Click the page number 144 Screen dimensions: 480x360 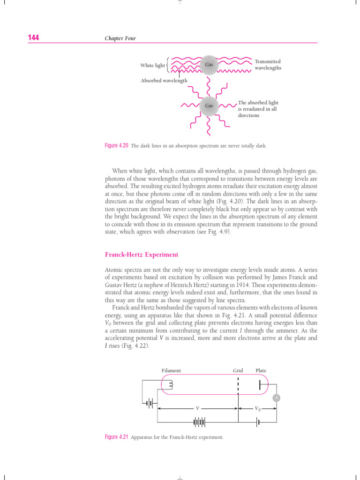coord(33,38)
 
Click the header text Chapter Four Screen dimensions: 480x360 coord(120,38)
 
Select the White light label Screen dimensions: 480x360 coord(152,66)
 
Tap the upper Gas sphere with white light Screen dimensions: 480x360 coord(209,65)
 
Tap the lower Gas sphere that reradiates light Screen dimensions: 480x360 coord(209,105)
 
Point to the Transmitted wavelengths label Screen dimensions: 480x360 coord(268,65)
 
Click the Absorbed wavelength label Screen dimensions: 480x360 coord(164,81)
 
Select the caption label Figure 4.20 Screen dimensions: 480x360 coord(117,146)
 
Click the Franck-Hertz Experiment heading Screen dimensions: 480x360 coord(141,255)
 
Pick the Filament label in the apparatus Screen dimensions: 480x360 coord(171,370)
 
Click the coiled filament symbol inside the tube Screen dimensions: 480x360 coord(171,385)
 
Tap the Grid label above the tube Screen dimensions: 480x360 coord(238,370)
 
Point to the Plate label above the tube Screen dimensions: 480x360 coord(261,370)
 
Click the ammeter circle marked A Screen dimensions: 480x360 coord(276,398)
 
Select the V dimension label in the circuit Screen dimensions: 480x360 coord(197,408)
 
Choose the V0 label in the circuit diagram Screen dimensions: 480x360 coord(258,409)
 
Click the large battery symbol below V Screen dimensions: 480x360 coord(199,422)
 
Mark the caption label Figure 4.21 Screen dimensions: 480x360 coord(117,437)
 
